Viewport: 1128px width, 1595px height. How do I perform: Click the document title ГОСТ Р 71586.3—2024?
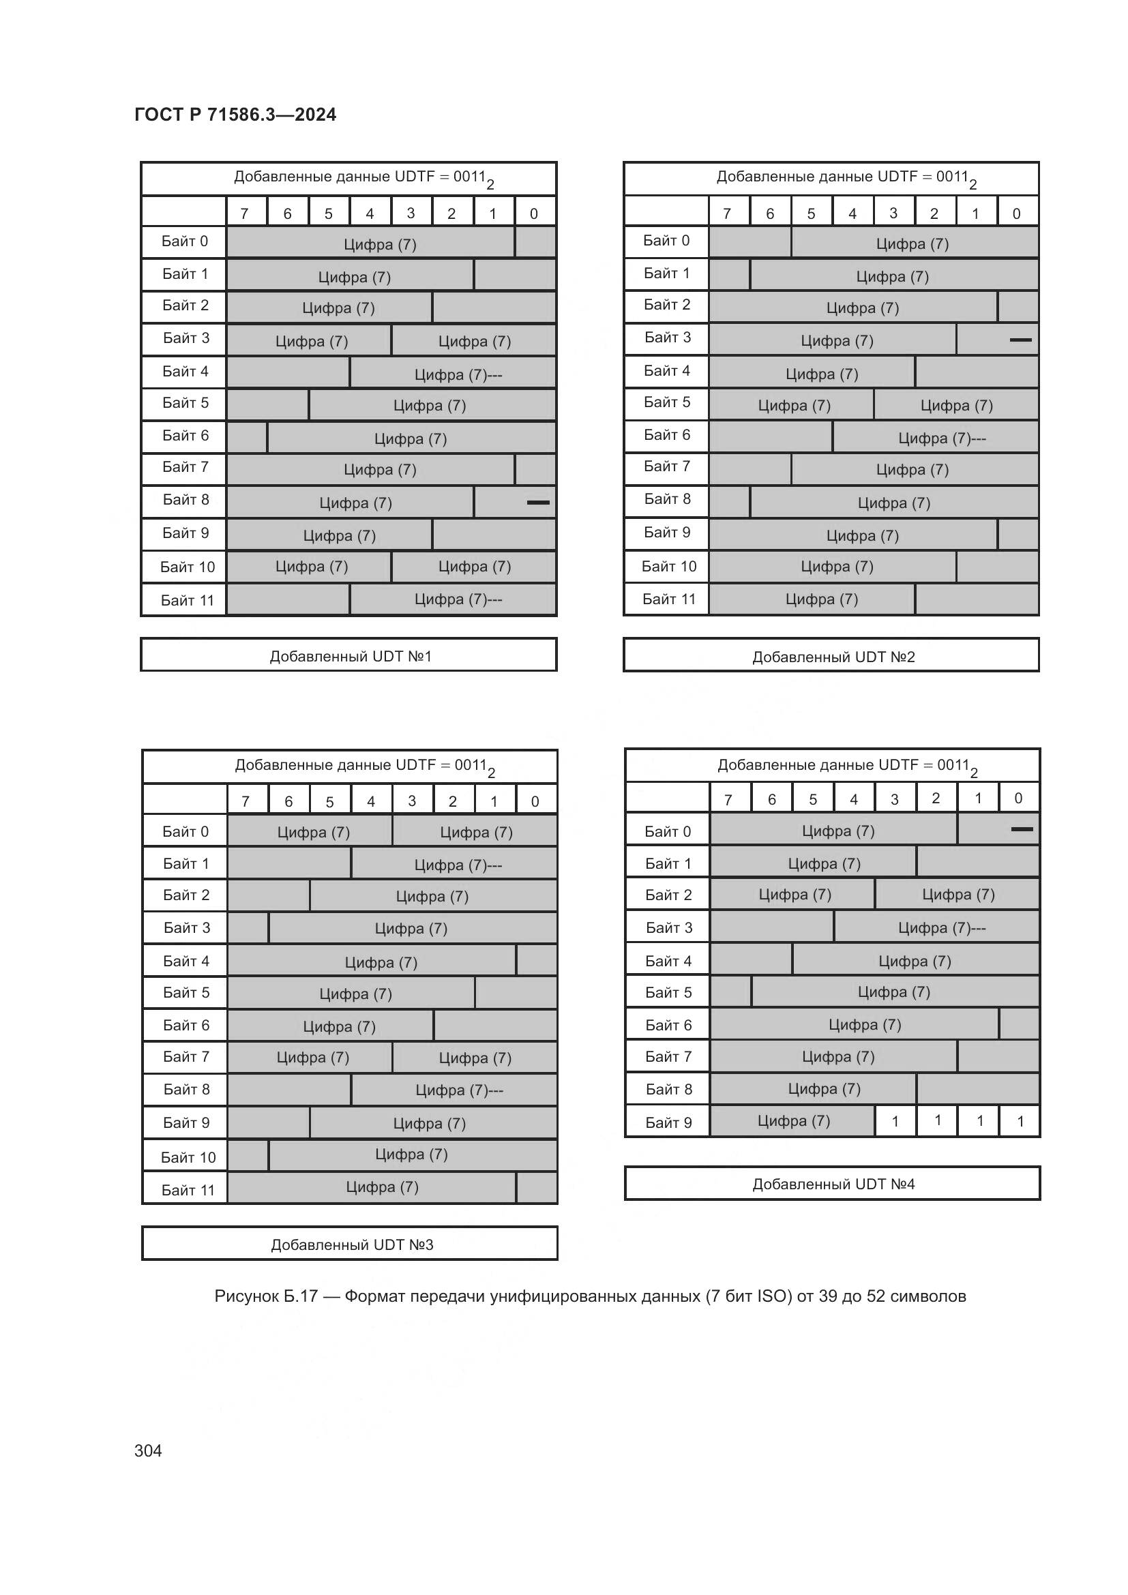click(x=235, y=115)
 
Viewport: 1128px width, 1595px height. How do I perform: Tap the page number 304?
click(x=148, y=1450)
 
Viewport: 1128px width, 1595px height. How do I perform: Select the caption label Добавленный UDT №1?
click(x=350, y=657)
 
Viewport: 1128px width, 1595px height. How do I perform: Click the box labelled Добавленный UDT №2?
click(x=833, y=657)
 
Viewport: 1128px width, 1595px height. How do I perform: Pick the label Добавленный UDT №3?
click(x=351, y=1244)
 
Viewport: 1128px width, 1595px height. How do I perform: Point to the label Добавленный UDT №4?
click(x=833, y=1184)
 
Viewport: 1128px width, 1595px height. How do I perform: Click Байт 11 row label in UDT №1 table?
click(x=187, y=600)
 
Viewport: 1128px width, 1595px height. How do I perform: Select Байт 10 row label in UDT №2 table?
click(x=668, y=567)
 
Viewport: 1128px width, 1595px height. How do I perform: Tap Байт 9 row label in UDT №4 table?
click(x=668, y=1122)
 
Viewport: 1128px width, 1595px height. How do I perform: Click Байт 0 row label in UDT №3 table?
click(x=185, y=831)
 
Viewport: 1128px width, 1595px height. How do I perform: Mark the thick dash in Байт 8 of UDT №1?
click(x=538, y=503)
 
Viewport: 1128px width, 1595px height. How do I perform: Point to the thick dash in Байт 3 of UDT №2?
click(x=1020, y=340)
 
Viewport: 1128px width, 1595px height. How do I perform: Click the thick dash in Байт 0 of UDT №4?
click(x=1022, y=829)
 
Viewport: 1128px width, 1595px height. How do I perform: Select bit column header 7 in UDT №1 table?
click(x=245, y=214)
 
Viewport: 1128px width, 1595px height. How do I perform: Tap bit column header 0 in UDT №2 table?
click(x=1016, y=214)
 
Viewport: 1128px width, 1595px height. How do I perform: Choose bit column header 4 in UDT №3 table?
click(x=371, y=802)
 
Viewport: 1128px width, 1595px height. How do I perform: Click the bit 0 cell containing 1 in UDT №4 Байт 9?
click(x=1020, y=1121)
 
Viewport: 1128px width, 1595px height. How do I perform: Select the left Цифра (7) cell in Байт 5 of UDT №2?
click(x=793, y=406)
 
